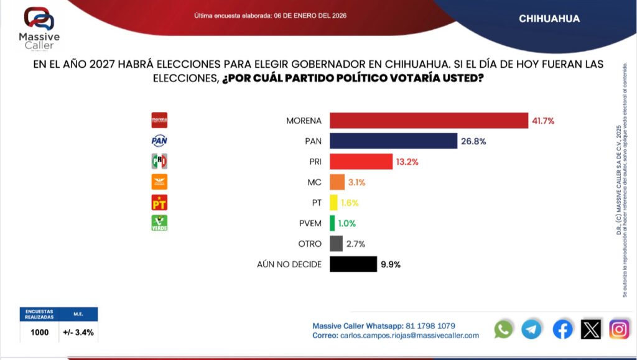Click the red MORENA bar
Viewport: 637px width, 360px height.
(428, 120)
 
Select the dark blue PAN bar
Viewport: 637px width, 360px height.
(393, 141)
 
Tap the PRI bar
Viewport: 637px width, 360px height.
(361, 162)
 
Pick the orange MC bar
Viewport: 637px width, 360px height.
(337, 182)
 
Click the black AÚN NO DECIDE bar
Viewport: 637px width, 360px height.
(353, 264)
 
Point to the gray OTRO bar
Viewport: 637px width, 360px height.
(336, 244)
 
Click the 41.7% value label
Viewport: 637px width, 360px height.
(543, 120)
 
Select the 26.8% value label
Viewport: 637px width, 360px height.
(473, 141)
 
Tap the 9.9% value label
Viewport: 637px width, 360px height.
(390, 264)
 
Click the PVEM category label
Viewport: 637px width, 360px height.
(310, 223)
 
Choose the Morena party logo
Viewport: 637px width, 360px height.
(160, 120)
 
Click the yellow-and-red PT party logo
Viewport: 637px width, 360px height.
(160, 203)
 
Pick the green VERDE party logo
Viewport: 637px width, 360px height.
(160, 223)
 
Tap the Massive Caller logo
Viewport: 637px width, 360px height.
(39, 28)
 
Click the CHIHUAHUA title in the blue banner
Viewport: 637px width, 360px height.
(549, 19)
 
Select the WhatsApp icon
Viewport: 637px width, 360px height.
(503, 329)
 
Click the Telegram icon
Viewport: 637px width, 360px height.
(531, 329)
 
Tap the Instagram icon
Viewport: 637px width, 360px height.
(619, 329)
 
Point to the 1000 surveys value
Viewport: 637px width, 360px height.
(40, 332)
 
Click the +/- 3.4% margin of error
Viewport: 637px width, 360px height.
(78, 332)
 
